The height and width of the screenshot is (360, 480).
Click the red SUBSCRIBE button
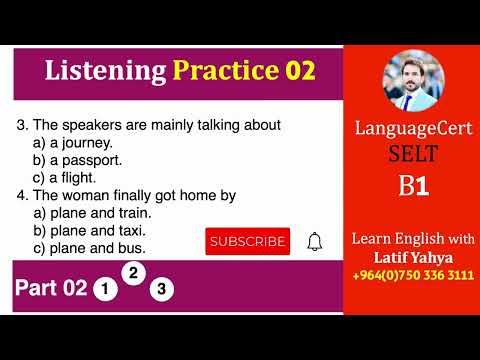pyautogui.click(x=247, y=241)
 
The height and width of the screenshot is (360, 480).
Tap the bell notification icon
pyautogui.click(x=315, y=241)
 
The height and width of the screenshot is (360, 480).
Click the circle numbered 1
pyautogui.click(x=104, y=290)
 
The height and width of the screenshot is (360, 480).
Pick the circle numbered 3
pyautogui.click(x=162, y=290)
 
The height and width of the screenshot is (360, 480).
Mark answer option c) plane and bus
pyautogui.click(x=90, y=247)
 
